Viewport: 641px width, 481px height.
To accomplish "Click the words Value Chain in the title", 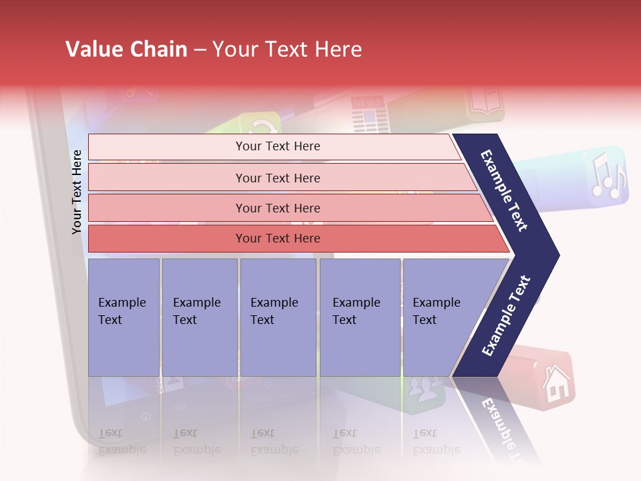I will click(126, 49).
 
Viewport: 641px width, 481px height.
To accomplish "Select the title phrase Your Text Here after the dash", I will click(287, 49).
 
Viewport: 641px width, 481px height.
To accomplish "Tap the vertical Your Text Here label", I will click(77, 192).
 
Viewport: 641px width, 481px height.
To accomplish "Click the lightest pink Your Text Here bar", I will click(277, 146).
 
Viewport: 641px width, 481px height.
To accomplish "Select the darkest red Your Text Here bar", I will click(277, 238).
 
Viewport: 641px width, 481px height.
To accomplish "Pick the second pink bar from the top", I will click(277, 178).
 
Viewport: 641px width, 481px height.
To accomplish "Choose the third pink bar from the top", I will click(277, 208).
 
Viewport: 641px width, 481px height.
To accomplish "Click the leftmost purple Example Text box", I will click(124, 317).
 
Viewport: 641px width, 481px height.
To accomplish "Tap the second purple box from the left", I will click(199, 317).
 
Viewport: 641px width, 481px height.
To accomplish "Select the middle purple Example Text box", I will click(278, 317).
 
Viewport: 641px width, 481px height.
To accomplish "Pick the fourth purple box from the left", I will click(359, 317).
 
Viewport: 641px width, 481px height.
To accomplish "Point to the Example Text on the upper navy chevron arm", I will click(504, 190).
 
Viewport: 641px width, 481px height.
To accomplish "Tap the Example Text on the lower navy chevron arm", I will click(506, 316).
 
